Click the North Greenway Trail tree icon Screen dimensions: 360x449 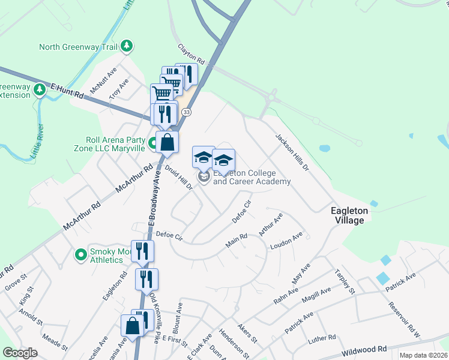(126, 46)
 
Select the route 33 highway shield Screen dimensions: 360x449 (187, 112)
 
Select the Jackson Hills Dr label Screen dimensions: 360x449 (292, 153)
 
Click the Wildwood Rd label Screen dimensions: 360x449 (364, 349)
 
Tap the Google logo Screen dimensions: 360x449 (20, 353)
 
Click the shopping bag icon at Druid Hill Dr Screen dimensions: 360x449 (167, 142)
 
